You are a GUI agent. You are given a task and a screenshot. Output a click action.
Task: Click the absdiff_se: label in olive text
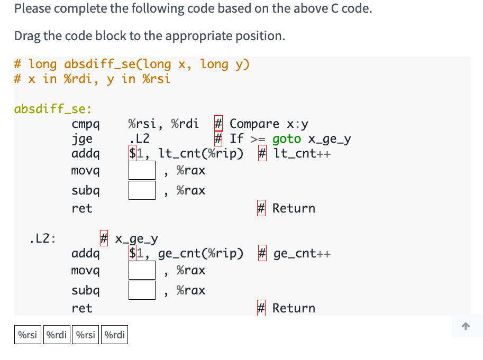53,109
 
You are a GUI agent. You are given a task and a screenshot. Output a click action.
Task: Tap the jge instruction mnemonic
82,139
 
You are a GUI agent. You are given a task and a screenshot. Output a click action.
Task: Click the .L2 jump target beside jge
139,139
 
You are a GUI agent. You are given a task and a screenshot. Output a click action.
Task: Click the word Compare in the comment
254,124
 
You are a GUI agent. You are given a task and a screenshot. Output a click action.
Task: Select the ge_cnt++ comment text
302,254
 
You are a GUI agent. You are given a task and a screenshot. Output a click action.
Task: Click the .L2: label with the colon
43,238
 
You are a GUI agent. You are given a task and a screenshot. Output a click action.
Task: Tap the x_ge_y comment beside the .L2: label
136,239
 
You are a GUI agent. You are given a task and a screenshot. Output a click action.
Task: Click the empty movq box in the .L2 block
142,271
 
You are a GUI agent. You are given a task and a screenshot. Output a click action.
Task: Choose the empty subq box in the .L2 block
142,290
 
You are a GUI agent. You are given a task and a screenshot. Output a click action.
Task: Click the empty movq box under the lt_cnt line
142,170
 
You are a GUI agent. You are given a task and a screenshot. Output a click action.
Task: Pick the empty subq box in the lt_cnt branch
142,190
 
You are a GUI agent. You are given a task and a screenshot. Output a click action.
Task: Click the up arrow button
466,327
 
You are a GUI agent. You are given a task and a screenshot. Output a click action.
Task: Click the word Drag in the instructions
26,36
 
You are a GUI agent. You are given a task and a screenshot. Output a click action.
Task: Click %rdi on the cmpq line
185,124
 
